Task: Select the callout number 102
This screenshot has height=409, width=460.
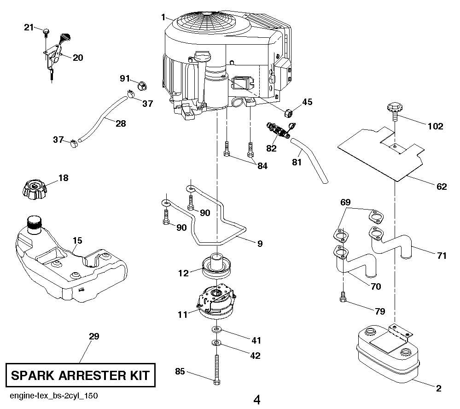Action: [x=435, y=126]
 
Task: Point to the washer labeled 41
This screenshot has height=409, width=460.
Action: [x=216, y=330]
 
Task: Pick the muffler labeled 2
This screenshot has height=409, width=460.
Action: [x=388, y=352]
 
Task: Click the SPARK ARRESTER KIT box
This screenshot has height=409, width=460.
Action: [x=80, y=375]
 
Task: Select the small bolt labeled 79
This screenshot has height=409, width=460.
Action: [x=343, y=298]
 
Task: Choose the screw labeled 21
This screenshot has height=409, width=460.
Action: [x=47, y=31]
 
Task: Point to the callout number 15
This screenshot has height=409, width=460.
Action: [x=77, y=240]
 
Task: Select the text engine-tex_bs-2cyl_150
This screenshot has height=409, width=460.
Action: [x=52, y=396]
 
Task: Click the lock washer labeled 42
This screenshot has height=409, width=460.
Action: [x=216, y=344]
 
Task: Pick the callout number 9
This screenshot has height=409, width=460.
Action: [x=260, y=243]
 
